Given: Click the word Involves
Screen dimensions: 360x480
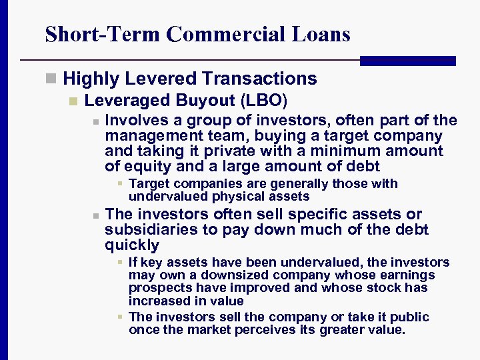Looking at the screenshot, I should (137, 121).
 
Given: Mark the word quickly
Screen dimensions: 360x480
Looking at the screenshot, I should (132, 245).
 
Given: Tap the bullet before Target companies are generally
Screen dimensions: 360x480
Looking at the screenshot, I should (119, 184).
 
